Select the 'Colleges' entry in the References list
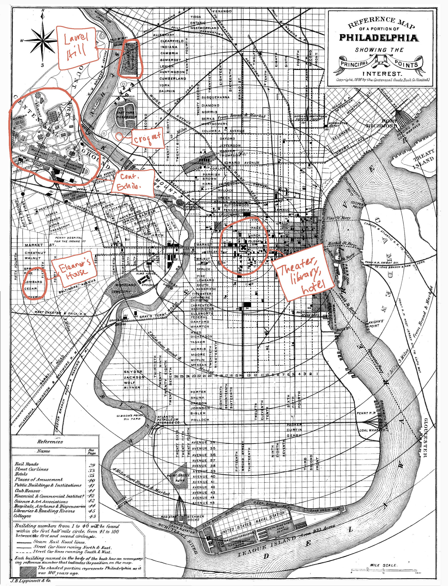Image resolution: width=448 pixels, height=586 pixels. [x=23, y=516]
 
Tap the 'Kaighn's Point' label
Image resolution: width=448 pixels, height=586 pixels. [x=376, y=324]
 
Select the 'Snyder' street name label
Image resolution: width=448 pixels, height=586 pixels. [x=133, y=372]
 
